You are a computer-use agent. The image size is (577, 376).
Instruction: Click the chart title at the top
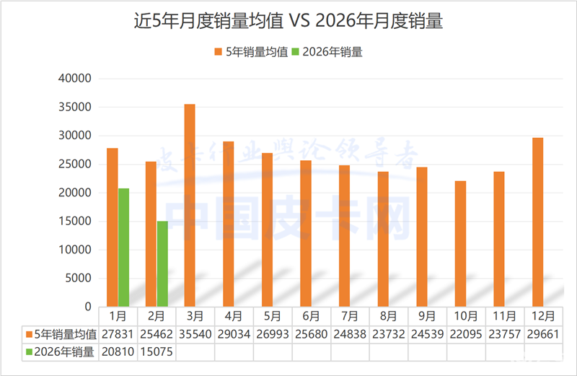point(288,22)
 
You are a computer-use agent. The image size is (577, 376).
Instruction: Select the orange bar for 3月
point(190,206)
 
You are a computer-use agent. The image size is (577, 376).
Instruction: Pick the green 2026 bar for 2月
point(162,264)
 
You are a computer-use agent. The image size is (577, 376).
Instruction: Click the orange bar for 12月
point(537,222)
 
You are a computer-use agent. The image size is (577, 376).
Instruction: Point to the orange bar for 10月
point(460,244)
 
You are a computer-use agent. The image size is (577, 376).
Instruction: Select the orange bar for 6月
point(306,234)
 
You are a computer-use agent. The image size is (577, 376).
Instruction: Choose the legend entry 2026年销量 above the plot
point(327,52)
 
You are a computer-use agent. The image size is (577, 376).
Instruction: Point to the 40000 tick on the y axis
point(75,79)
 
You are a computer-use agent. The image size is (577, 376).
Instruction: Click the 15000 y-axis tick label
point(75,222)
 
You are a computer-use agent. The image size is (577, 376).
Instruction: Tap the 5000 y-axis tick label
point(78,279)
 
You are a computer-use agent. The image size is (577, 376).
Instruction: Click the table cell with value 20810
point(118,352)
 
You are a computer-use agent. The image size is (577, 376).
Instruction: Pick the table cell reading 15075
point(157,352)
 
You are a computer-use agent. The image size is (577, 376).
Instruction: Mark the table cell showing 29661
point(543,335)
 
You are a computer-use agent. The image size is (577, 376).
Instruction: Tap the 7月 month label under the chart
point(350,316)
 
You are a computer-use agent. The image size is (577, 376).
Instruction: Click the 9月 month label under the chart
point(427,316)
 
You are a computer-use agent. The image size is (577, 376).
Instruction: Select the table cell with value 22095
point(466,335)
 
